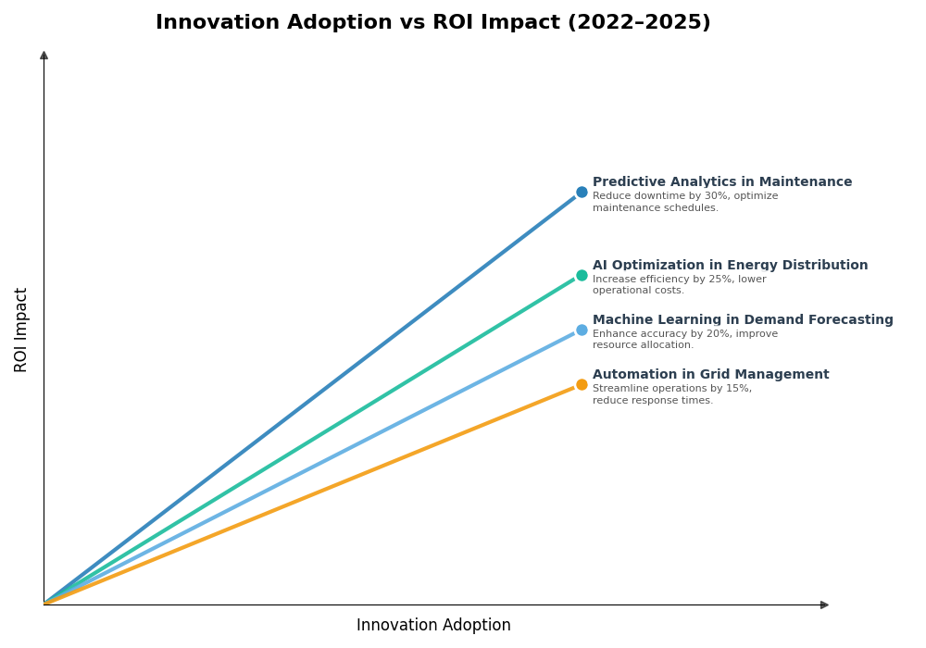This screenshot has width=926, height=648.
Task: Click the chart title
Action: pyautogui.click(x=432, y=23)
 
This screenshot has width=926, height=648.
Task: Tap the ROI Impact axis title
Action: pyautogui.click(x=21, y=330)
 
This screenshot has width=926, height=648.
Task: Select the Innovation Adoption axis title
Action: pyautogui.click(x=433, y=626)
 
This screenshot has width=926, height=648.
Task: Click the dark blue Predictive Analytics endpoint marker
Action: pyautogui.click(x=582, y=193)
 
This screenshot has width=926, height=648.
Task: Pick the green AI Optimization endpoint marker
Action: pyautogui.click(x=582, y=275)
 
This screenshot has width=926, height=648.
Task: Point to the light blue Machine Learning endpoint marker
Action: pyautogui.click(x=582, y=330)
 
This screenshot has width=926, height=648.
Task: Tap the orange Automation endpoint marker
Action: pyautogui.click(x=582, y=384)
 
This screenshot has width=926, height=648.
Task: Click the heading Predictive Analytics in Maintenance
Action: pyautogui.click(x=722, y=182)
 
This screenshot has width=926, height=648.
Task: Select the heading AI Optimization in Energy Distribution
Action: pyautogui.click(x=730, y=266)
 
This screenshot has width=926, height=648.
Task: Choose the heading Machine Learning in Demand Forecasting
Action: pyautogui.click(x=743, y=320)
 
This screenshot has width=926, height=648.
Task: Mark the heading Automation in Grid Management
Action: pyautogui.click(x=710, y=375)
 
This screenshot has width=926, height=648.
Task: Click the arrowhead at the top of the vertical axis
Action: pyautogui.click(x=44, y=56)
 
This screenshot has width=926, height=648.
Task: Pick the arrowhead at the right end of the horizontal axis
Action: pyautogui.click(x=824, y=604)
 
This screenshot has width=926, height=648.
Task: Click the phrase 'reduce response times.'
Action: pyautogui.click(x=653, y=401)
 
